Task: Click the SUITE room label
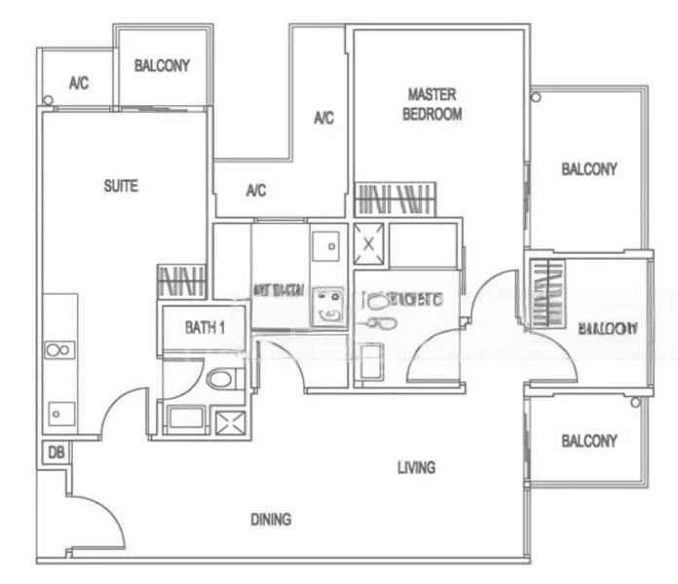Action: pyautogui.click(x=121, y=186)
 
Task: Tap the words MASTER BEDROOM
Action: pyautogui.click(x=433, y=104)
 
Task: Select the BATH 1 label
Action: pyautogui.click(x=205, y=328)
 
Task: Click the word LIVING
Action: pyautogui.click(x=416, y=468)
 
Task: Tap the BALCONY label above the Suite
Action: pyautogui.click(x=162, y=66)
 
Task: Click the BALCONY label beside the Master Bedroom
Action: pyautogui.click(x=588, y=169)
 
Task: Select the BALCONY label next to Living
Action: pyautogui.click(x=588, y=441)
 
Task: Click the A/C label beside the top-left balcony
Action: pyautogui.click(x=79, y=84)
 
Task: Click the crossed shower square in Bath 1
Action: pyautogui.click(x=232, y=421)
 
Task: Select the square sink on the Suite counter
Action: pyautogui.click(x=56, y=413)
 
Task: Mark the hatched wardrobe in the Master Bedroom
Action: pyautogui.click(x=394, y=199)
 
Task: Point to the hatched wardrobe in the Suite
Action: pyautogui.click(x=182, y=281)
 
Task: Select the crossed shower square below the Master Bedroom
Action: pyautogui.click(x=369, y=239)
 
